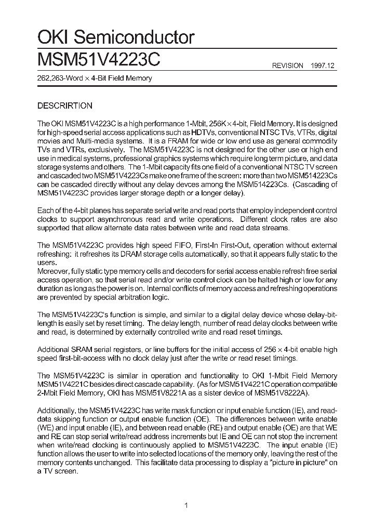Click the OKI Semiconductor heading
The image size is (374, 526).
click(116, 37)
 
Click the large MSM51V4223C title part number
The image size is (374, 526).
click(99, 59)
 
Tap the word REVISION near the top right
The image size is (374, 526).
click(288, 65)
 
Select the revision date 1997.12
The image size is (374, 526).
click(324, 65)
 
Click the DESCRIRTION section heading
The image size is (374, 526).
click(65, 106)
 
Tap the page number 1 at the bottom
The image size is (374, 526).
click(186, 505)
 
